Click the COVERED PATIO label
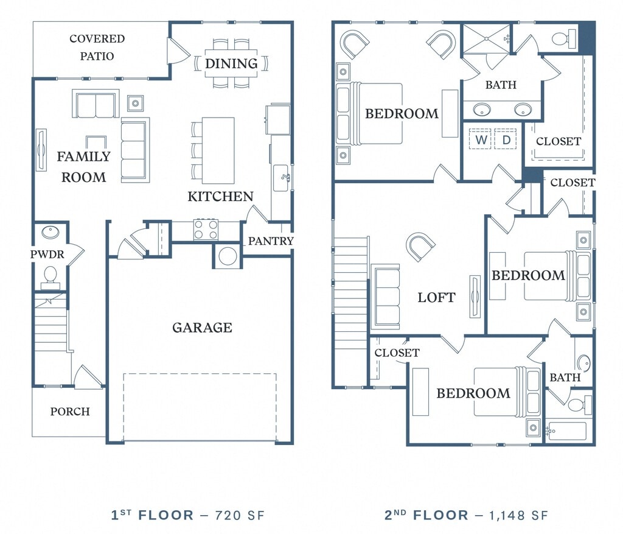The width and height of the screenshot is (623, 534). pos(97,47)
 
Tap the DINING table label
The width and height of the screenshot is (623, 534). pos(231,63)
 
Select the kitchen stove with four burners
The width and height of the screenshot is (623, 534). pos(206,230)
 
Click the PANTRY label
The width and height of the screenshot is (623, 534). pos(271,241)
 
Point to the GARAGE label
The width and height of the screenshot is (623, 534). pos(202,327)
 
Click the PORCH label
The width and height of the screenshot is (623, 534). pos(70,411)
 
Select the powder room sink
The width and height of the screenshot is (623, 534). pos(50,232)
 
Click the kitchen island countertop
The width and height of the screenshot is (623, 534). pos(218,150)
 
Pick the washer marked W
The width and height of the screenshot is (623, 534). pos(480,139)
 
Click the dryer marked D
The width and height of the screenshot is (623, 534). pos(506,139)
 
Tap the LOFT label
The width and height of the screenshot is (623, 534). pos(436,297)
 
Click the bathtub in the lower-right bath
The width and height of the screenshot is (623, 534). pos(566,431)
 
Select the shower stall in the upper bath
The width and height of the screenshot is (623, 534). pos(486,38)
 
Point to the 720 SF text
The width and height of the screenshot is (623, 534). pos(240,515)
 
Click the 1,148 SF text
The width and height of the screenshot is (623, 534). pos(518,515)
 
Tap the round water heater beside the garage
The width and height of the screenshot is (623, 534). pos(228,256)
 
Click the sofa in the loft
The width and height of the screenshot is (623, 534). pos(385,297)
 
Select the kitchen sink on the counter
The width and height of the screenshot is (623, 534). pos(282,178)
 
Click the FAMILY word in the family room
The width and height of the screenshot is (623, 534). pos(83,156)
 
